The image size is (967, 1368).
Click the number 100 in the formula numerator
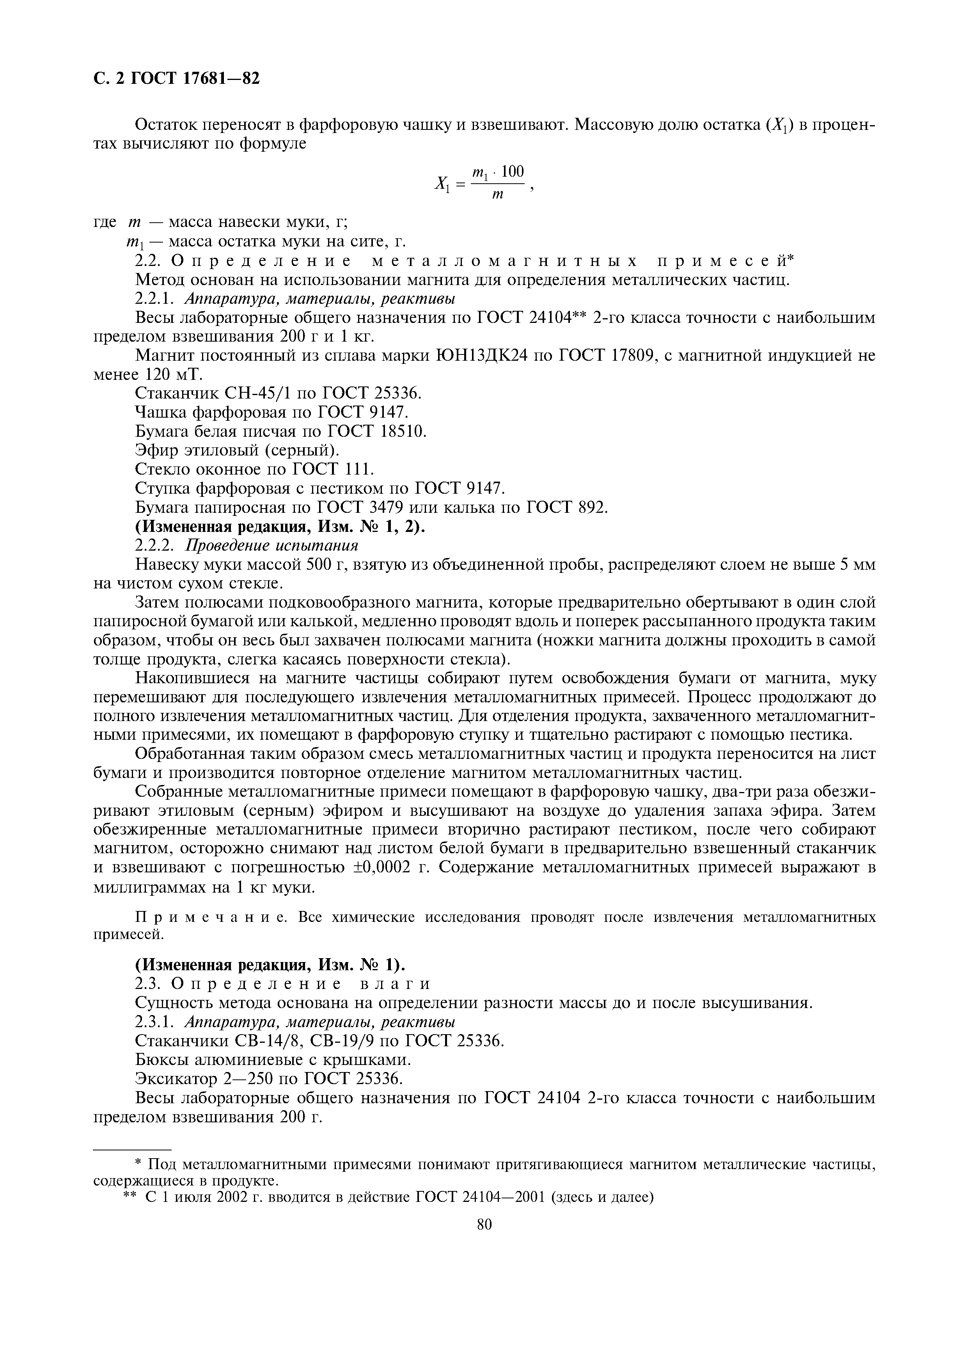pyautogui.click(x=513, y=172)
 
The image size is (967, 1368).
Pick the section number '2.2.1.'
pyautogui.click(x=157, y=298)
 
